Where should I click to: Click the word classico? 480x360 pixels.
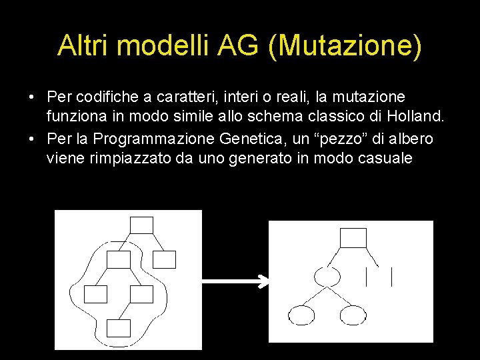tap(325, 118)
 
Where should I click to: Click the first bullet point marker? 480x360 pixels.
tap(31, 98)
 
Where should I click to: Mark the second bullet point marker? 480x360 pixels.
tap(31, 139)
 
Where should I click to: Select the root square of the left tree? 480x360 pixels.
tap(141, 225)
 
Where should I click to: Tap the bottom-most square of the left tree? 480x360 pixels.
tap(119, 327)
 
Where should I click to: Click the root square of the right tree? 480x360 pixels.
tap(353, 238)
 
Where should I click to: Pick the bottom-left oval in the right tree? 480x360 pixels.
tap(301, 314)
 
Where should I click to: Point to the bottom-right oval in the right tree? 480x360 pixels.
tap(353, 314)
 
